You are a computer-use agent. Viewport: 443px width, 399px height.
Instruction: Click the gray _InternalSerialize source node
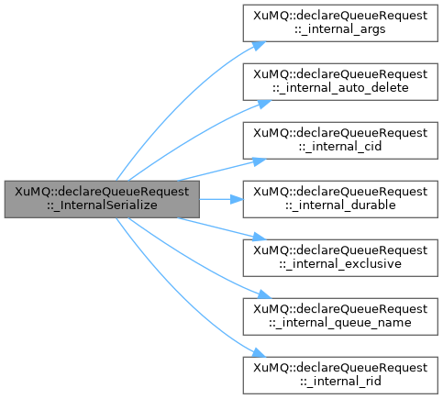pyautogui.click(x=102, y=199)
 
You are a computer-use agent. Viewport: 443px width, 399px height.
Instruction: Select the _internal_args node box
pyautogui.click(x=340, y=23)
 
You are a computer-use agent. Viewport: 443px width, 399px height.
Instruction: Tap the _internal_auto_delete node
pyautogui.click(x=340, y=82)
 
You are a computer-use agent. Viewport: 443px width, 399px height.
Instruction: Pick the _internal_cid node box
pyautogui.click(x=340, y=140)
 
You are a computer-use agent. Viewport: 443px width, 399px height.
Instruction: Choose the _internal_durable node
pyautogui.click(x=340, y=199)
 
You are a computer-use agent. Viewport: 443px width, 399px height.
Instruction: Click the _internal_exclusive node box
pyautogui.click(x=340, y=258)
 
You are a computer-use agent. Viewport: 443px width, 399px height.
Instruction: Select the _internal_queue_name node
pyautogui.click(x=340, y=316)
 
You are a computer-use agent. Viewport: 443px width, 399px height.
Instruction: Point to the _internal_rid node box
pyautogui.click(x=340, y=375)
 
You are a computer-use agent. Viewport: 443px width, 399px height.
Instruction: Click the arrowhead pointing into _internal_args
pyautogui.click(x=259, y=46)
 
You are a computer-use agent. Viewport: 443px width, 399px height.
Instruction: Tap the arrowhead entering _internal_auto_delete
pyautogui.click(x=263, y=104)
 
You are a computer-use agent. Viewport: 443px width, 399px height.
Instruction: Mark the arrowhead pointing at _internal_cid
pyautogui.click(x=260, y=161)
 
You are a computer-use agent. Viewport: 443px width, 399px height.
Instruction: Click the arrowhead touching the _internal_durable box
pyautogui.click(x=237, y=199)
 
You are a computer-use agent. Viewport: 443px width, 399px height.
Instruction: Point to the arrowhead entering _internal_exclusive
pyautogui.click(x=260, y=237)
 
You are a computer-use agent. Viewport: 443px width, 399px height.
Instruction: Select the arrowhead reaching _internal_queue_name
pyautogui.click(x=263, y=294)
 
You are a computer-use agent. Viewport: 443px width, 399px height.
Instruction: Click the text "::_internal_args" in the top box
pyautogui.click(x=340, y=29)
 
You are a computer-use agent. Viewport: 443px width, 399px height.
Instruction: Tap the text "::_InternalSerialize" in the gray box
pyautogui.click(x=102, y=205)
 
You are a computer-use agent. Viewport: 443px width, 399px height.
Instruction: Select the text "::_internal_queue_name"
pyautogui.click(x=340, y=323)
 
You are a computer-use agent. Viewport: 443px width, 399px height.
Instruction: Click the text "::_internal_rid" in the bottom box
pyautogui.click(x=340, y=382)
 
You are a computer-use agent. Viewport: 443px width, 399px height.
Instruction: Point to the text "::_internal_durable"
pyautogui.click(x=340, y=205)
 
